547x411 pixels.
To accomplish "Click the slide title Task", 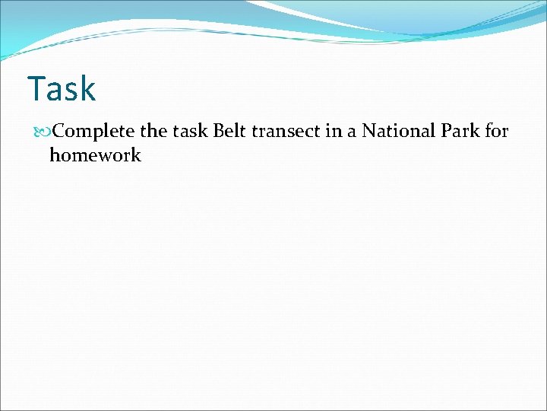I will tap(62, 89).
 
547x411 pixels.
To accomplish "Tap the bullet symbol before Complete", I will tap(44, 132).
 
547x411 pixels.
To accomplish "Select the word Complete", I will tap(94, 132).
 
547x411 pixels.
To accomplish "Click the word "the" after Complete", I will tap(154, 131).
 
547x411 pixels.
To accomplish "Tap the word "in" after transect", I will tap(330, 131).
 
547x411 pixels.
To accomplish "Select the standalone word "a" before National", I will tap(350, 132).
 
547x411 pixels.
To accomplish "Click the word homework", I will tap(95, 155).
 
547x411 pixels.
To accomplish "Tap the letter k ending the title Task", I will tap(87, 89).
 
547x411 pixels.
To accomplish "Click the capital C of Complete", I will tap(60, 132).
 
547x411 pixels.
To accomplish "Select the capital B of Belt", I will tap(218, 131).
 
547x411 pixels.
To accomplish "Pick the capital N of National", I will tap(368, 131).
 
